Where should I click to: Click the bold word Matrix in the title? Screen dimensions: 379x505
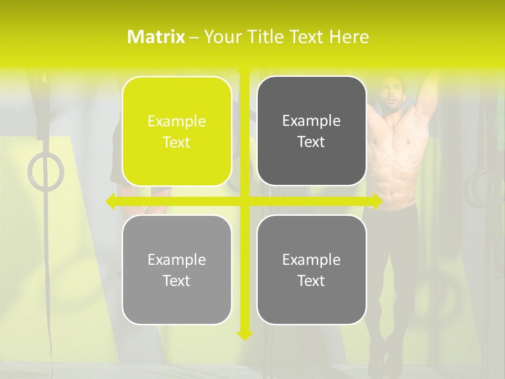pyautogui.click(x=156, y=37)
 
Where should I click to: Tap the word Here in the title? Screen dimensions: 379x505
pyautogui.click(x=349, y=37)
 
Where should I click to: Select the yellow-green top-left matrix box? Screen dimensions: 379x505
pyautogui.click(x=177, y=131)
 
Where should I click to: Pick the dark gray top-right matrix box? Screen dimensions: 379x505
pyautogui.click(x=311, y=131)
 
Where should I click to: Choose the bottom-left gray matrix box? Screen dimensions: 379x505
pyautogui.click(x=177, y=270)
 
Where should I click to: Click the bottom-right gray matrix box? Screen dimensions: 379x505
pyautogui.click(x=311, y=270)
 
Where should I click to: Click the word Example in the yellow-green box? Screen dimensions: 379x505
pyautogui.click(x=177, y=122)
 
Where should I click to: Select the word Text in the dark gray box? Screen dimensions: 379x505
pyautogui.click(x=311, y=142)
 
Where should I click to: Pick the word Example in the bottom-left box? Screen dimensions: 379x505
pyautogui.click(x=177, y=260)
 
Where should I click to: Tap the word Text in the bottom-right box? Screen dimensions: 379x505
pyautogui.click(x=311, y=281)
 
